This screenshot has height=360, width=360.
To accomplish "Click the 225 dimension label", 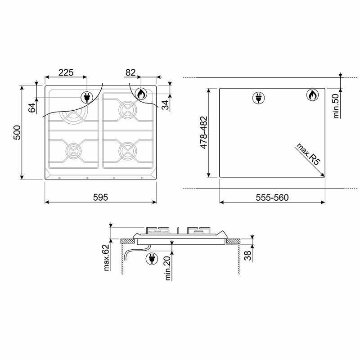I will tap(66, 72).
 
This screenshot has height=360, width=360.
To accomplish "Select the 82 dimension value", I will tap(130, 72).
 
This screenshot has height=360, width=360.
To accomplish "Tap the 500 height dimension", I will tap(17, 132).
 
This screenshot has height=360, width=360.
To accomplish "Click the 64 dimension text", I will tap(31, 108).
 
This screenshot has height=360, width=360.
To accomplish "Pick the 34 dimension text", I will tap(165, 104).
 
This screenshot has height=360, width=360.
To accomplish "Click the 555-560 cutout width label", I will tap(272, 197).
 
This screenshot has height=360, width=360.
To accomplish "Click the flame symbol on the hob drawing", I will tap(140, 94).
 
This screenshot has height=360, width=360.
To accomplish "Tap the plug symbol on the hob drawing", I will tap(86, 97).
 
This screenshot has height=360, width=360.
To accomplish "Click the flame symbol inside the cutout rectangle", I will tap(312, 95).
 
